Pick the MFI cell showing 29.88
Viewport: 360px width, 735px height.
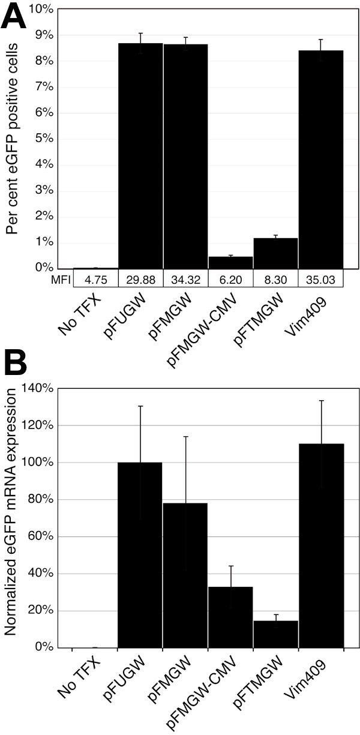coord(140,278)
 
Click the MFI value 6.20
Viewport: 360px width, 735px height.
coord(230,278)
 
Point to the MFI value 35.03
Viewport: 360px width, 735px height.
coord(321,278)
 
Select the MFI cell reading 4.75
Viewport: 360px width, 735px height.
coord(95,278)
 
